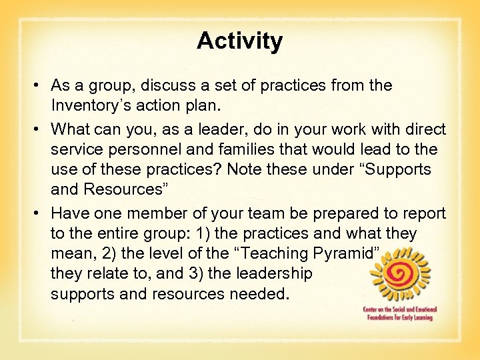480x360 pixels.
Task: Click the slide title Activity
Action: click(x=239, y=41)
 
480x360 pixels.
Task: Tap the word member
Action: click(x=149, y=213)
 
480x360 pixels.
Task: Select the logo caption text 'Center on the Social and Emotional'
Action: click(x=398, y=310)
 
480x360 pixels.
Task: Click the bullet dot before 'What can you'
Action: click(x=40, y=128)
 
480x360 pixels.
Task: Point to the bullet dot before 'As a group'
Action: click(x=40, y=86)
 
